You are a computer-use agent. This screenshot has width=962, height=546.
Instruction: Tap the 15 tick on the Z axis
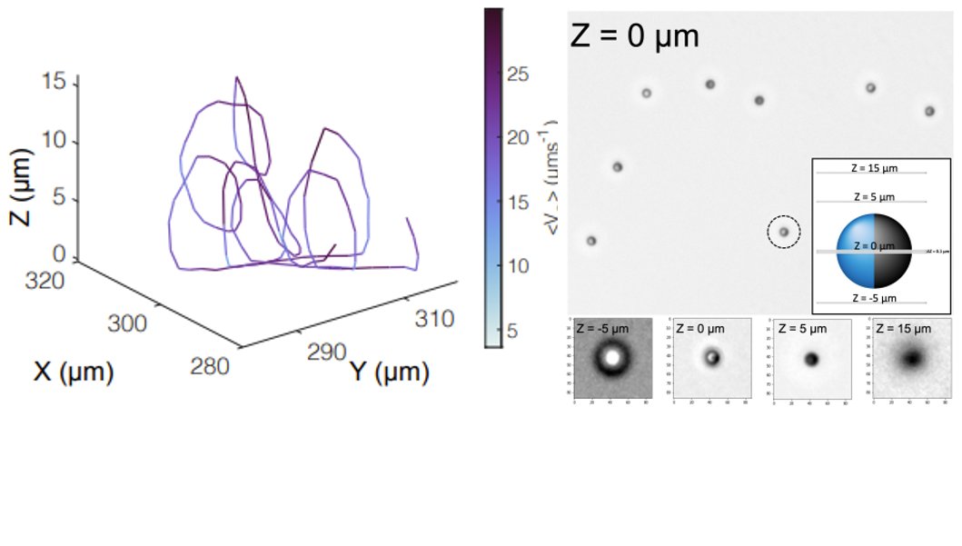click(x=54, y=84)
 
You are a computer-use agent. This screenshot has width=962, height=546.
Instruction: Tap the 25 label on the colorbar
click(x=519, y=74)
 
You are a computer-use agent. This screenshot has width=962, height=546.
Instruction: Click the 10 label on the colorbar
click(x=519, y=266)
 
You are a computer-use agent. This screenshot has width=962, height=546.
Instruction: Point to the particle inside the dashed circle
click(x=783, y=233)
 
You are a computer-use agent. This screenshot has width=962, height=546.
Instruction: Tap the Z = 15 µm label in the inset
click(x=871, y=168)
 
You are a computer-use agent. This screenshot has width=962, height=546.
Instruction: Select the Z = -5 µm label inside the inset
click(x=871, y=299)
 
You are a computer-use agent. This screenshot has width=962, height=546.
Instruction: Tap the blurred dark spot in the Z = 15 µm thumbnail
click(x=911, y=360)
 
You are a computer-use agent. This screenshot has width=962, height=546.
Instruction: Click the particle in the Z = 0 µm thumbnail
click(x=711, y=357)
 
